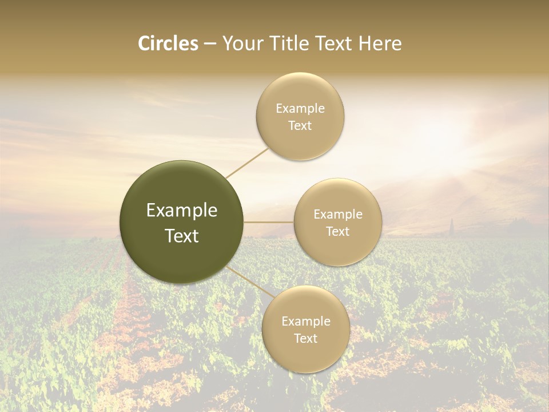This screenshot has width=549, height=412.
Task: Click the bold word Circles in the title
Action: coord(168,43)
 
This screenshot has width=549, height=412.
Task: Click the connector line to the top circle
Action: coord(247,163)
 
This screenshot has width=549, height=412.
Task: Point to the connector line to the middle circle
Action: coord(269,222)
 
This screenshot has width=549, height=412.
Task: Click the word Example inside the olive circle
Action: coord(182,211)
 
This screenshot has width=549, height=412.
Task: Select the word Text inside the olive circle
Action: coord(182,236)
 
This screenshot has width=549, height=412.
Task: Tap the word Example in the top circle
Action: coord(300,109)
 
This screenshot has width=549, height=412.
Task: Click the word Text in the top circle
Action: coord(300,126)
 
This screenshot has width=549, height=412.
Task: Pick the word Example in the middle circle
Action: coord(338,215)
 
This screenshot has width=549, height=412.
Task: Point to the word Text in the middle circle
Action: coord(337,232)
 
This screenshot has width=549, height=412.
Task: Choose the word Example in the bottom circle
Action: coord(306,322)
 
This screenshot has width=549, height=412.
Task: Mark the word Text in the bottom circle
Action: coord(305,339)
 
